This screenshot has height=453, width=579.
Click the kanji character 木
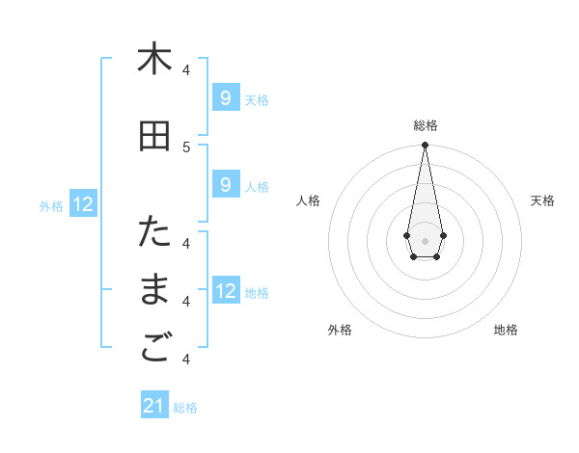pos(154,59)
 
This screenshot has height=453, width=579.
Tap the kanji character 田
pos(154,136)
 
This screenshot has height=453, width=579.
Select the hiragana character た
pos(154,232)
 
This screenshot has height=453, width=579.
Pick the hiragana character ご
pos(154,349)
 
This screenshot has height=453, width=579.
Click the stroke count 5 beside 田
pos(186,147)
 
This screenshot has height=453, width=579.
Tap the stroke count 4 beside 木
pos(186,69)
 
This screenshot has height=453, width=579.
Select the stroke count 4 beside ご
pos(186,360)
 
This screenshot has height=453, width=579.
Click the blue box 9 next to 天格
pos(225,97)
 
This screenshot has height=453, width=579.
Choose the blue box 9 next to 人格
pos(225,185)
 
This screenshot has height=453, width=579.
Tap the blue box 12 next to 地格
pos(225,290)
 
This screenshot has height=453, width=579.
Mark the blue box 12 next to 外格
pos(83,203)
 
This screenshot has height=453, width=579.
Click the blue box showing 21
pos(154,406)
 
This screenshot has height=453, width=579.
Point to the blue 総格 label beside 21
pos(185,408)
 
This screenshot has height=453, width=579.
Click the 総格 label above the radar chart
pos(425,125)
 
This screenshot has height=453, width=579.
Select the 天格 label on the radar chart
pos(542,200)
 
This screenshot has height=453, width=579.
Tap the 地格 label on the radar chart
pos(506,330)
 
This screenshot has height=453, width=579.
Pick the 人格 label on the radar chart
pos(308,200)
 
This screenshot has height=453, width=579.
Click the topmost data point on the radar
pos(425,145)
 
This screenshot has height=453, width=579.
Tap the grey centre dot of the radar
pos(425,239)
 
